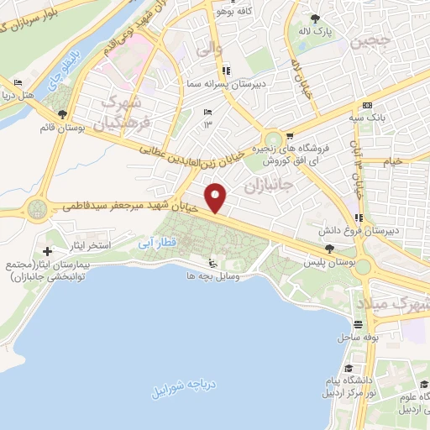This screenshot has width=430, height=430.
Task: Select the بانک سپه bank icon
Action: pyautogui.click(x=367, y=105)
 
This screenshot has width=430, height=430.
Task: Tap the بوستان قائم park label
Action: pyautogui.click(x=59, y=128)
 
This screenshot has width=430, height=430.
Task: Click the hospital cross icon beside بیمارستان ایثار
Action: pyautogui.click(x=48, y=251)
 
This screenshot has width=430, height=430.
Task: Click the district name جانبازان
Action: pyautogui.click(x=271, y=184)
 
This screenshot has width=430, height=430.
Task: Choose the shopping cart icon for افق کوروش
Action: pyautogui.click(x=290, y=134)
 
